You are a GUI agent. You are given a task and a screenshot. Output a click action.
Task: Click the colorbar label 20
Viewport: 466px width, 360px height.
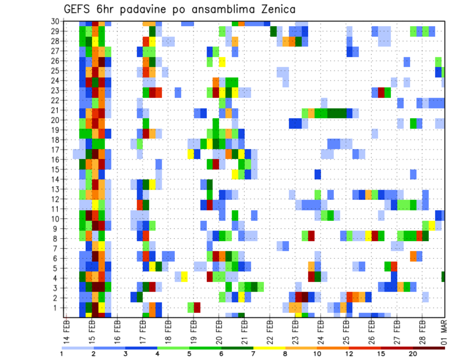click(x=414, y=353)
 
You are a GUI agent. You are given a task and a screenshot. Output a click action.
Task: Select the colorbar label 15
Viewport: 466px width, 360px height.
click(x=382, y=353)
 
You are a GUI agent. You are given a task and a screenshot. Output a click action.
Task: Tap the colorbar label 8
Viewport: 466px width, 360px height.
click(x=286, y=353)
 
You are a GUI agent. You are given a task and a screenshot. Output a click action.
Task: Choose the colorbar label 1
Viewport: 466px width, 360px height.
click(x=62, y=353)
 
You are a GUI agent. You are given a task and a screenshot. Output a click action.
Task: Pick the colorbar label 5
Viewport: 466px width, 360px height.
click(x=189, y=353)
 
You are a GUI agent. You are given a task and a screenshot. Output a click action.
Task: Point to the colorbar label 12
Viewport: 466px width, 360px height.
click(x=349, y=353)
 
